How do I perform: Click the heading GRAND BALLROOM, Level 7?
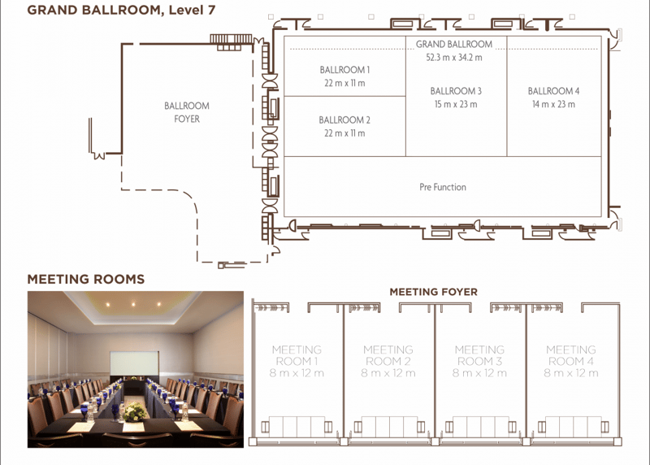pos(121,10)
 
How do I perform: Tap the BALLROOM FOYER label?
pos(187,112)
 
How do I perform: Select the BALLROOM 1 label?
pos(344,70)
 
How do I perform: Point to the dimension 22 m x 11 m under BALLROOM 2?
pos(344,133)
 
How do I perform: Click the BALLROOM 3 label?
pos(456,91)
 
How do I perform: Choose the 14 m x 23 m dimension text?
pos(553,104)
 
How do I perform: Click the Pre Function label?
pos(443,187)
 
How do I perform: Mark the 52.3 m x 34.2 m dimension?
pos(454,57)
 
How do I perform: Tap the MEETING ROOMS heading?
pos(86,279)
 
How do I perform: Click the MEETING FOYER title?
pos(433,292)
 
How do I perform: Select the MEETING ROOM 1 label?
pos(297,355)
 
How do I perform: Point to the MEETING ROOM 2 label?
pos(388,355)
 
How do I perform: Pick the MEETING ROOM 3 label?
pos(479,355)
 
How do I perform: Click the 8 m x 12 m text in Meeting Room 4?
pos(571,373)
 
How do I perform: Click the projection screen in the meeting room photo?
pos(134,363)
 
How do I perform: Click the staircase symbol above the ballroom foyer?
pos(231,42)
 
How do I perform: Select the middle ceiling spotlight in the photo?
pos(133,305)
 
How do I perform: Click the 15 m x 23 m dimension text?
pos(456,104)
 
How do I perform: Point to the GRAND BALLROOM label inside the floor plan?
pos(454,44)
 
